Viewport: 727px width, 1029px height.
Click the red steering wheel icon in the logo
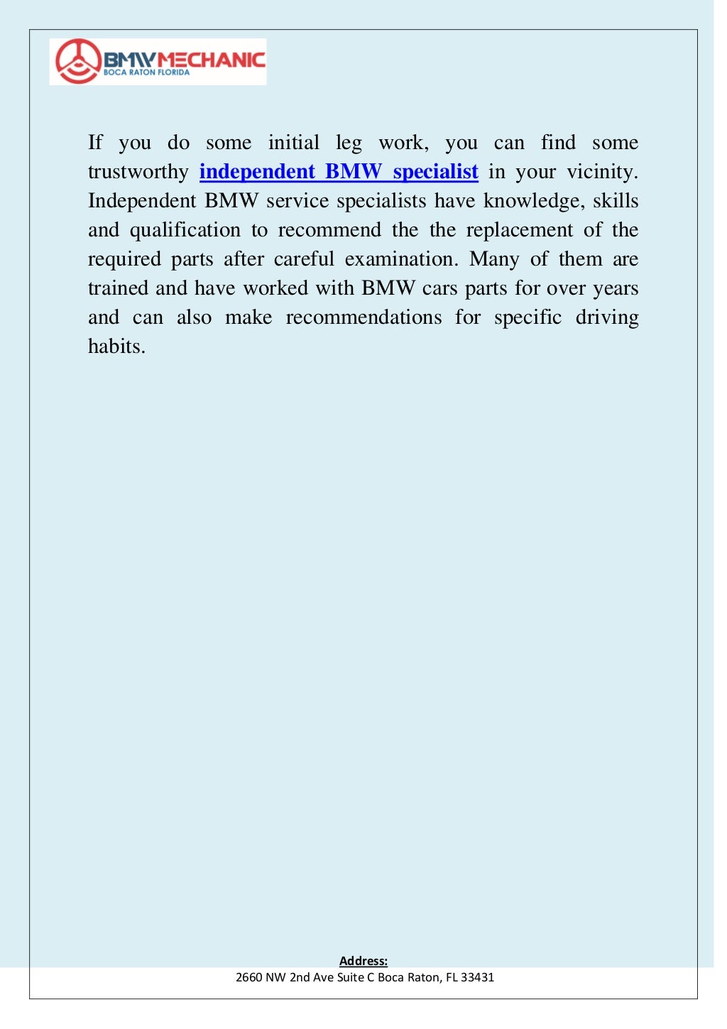tap(77, 61)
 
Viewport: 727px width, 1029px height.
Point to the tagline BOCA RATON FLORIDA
tap(147, 72)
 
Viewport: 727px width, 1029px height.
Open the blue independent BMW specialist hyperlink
tap(339, 172)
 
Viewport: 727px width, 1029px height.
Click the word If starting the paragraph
tap(95, 143)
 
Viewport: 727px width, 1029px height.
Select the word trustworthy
tap(138, 172)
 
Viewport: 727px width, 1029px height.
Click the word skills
tap(616, 201)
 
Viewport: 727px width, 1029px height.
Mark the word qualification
tap(185, 230)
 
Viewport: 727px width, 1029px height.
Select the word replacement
tap(519, 230)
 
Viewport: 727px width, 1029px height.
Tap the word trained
tap(117, 288)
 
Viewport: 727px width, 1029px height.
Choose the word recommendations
tap(363, 317)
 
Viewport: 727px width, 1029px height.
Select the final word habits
tap(116, 347)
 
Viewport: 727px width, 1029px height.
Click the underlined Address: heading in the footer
tap(363, 961)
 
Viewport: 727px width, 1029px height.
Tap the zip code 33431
tap(477, 977)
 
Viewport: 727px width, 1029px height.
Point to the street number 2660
tap(248, 977)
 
